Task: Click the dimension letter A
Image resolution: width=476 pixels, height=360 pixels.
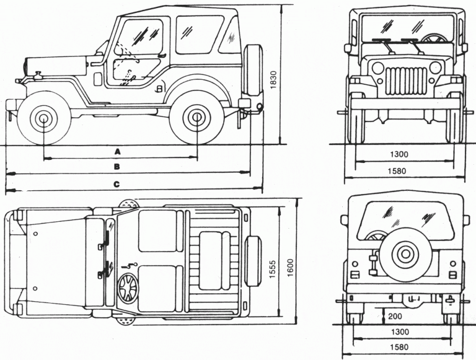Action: [117, 151]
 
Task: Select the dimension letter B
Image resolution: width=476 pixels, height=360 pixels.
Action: [117, 167]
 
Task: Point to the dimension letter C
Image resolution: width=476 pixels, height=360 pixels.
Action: [117, 183]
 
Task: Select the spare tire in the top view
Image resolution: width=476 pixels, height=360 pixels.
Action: [253, 261]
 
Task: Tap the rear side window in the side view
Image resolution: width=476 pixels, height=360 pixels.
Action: [199, 34]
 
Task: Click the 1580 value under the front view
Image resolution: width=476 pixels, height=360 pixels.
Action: [399, 170]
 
